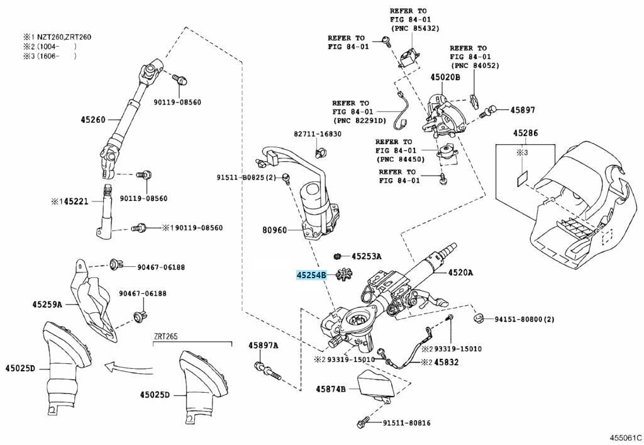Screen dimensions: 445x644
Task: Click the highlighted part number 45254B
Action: pyautogui.click(x=311, y=275)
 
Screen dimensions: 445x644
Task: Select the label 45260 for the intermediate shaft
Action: pyautogui.click(x=92, y=119)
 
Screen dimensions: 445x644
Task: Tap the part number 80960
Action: pyautogui.click(x=274, y=230)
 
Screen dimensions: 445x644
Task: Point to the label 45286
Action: pyautogui.click(x=525, y=133)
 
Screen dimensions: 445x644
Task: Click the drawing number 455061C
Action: pyautogui.click(x=625, y=436)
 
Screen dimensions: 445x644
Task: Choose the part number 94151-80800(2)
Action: pyautogui.click(x=520, y=320)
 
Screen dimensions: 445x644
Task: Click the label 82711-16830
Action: pyautogui.click(x=317, y=134)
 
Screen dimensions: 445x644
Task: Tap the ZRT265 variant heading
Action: pyautogui.click(x=167, y=337)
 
